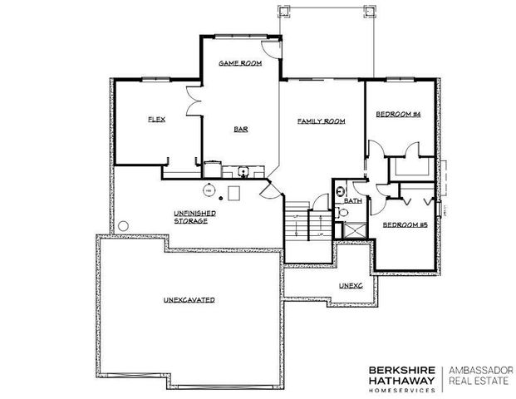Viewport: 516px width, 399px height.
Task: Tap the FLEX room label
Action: (x=156, y=120)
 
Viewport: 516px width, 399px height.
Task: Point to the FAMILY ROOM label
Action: (x=321, y=121)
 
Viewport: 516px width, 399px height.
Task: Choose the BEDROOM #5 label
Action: (x=405, y=224)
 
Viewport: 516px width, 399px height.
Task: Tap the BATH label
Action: (x=353, y=201)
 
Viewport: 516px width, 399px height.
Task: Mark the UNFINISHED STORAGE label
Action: (x=196, y=218)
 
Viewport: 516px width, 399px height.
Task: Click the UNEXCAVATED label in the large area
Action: (x=189, y=298)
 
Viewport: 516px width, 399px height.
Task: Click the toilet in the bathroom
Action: (x=342, y=213)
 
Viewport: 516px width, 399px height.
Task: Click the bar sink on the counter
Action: (x=244, y=172)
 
